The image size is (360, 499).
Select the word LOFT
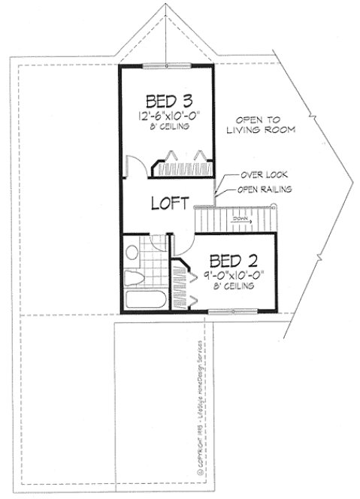point(168,203)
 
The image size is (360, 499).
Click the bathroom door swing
point(162,246)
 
